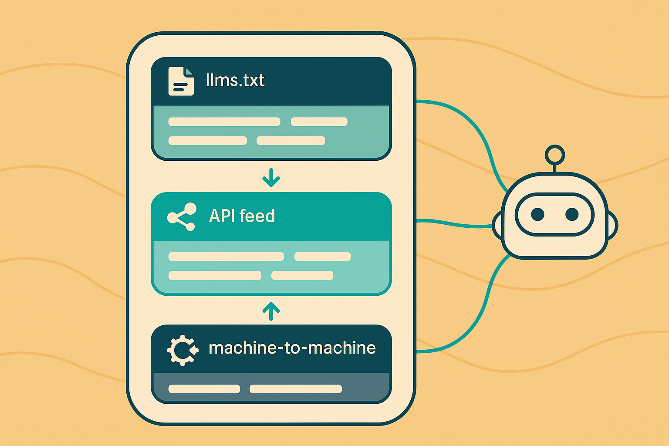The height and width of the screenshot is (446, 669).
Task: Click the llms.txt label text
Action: tap(235, 81)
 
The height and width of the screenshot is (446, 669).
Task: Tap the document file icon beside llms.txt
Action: tap(181, 81)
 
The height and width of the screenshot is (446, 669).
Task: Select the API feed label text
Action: tap(242, 216)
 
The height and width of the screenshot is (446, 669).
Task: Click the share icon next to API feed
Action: tap(182, 216)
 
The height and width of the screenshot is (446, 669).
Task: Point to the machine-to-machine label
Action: tap(292, 348)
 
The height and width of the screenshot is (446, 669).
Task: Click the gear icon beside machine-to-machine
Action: tap(182, 350)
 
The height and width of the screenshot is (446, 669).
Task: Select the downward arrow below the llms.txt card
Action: tap(271, 178)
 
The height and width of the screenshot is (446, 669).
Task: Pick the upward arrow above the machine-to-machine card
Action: tap(271, 311)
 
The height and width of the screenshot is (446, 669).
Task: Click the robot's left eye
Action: tap(537, 214)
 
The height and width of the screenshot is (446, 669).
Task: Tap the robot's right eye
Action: tap(571, 214)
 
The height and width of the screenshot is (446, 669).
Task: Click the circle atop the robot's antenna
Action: tap(554, 155)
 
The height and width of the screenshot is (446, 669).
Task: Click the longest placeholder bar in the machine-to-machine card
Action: tap(295, 389)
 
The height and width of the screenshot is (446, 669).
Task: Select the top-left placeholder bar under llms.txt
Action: tap(224, 122)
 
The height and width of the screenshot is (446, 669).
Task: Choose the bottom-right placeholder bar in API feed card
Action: tap(302, 275)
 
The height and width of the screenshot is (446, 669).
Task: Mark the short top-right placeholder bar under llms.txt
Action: tap(319, 122)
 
